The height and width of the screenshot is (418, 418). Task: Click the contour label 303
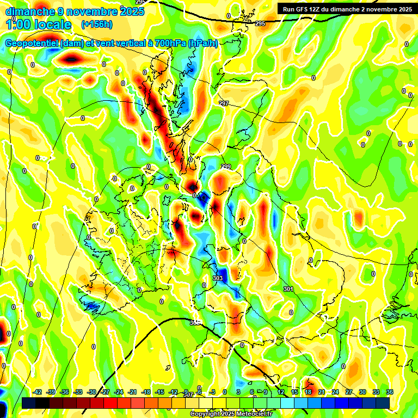click(x=218, y=278)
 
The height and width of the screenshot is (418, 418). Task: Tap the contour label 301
click(x=288, y=289)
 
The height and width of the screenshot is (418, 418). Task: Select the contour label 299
click(x=226, y=167)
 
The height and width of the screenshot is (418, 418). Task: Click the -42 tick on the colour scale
click(x=38, y=392)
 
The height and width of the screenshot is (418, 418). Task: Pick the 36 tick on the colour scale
click(x=390, y=392)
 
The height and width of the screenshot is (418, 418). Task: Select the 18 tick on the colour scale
click(x=308, y=392)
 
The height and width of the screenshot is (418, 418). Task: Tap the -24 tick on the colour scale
click(x=119, y=392)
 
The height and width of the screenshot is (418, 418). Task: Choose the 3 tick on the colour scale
click(x=238, y=392)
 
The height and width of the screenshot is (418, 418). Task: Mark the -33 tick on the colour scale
click(x=78, y=392)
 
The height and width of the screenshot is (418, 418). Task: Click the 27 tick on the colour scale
click(x=349, y=392)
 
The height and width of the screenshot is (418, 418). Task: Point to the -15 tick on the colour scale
click(x=159, y=392)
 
